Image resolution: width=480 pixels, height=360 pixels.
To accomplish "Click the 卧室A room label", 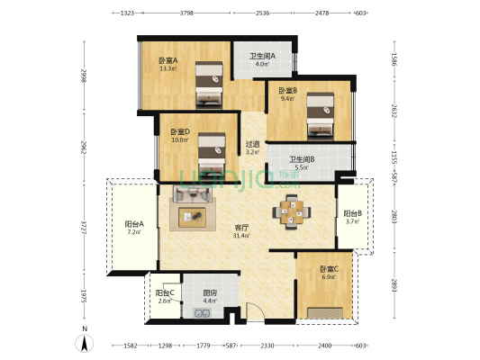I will point(168,60).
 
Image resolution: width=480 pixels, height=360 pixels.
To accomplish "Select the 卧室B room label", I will point(287,91).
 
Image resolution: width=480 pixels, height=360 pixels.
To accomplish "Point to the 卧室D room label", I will point(179,133).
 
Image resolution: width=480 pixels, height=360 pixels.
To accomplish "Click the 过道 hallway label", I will point(253,145).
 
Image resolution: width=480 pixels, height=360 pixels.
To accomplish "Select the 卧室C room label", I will point(329,269).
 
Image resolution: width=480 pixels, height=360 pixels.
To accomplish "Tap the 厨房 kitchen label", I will point(210,294).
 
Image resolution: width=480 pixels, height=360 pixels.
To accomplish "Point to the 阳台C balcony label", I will point(166,294).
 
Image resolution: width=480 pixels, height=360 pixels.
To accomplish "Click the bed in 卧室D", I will point(211,152).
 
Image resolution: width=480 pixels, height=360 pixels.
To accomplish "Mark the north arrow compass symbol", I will point(85,340).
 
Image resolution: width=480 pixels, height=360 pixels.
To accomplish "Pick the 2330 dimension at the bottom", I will point(268,346).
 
